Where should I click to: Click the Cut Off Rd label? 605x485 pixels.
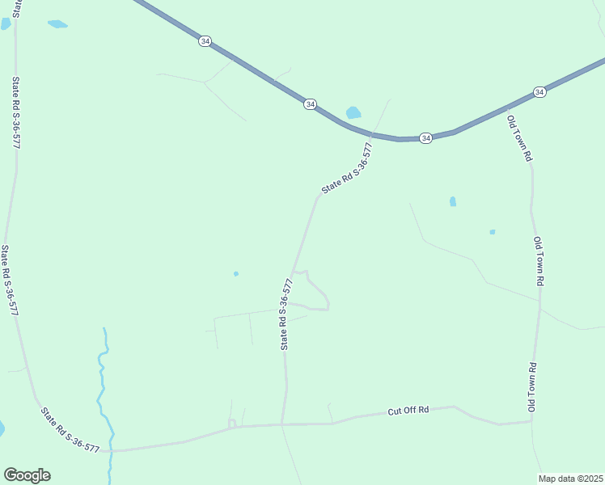click(408, 411)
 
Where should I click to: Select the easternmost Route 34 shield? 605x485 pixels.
click(539, 93)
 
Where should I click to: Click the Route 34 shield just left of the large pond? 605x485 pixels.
click(310, 104)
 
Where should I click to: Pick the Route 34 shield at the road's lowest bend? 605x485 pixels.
click(426, 138)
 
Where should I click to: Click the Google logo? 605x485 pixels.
click(27, 475)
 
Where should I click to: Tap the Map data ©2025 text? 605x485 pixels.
click(571, 479)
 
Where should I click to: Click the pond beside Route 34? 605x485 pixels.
click(353, 113)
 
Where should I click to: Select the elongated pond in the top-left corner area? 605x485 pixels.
click(57, 24)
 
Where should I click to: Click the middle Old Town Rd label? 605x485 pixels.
click(539, 260)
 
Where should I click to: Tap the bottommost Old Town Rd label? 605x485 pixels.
click(533, 389)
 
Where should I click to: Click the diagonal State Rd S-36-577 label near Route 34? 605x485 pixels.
click(347, 168)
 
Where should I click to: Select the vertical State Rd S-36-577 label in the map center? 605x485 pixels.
click(286, 314)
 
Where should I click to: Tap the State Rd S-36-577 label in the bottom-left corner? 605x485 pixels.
click(70, 430)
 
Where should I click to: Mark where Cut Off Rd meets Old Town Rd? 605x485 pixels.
click(530, 421)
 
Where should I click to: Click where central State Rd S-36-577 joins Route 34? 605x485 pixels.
click(373, 133)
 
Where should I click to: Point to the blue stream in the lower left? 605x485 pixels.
click(103, 388)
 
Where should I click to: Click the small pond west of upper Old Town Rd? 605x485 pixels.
click(453, 201)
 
